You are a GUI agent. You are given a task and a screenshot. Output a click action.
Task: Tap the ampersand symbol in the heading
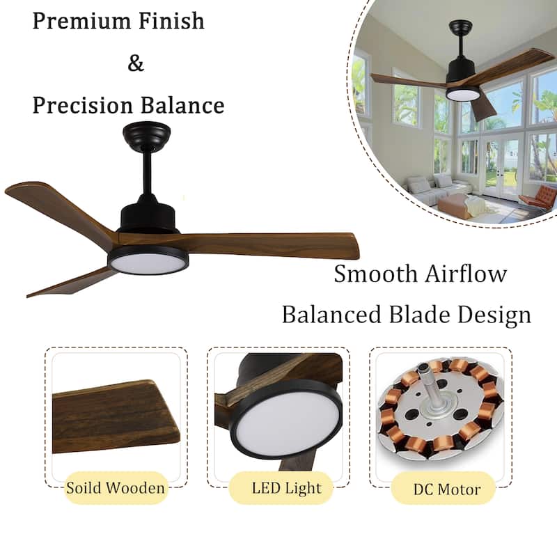(136, 63)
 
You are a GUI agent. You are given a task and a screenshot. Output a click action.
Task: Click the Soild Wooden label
(116, 487)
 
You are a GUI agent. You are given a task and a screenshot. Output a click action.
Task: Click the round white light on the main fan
(147, 261)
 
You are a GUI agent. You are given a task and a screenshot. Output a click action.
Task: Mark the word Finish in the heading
(172, 21)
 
